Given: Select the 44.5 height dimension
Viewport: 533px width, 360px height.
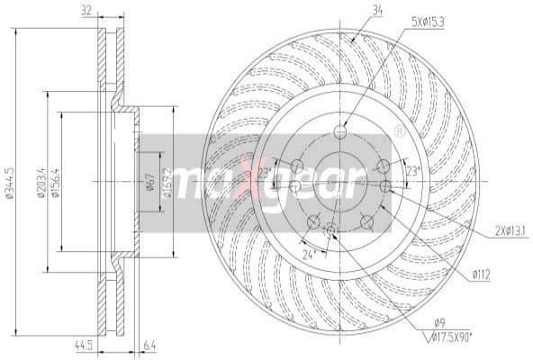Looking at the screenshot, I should coord(86,343).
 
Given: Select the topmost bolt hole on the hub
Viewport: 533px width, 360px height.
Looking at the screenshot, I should coord(339,131).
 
